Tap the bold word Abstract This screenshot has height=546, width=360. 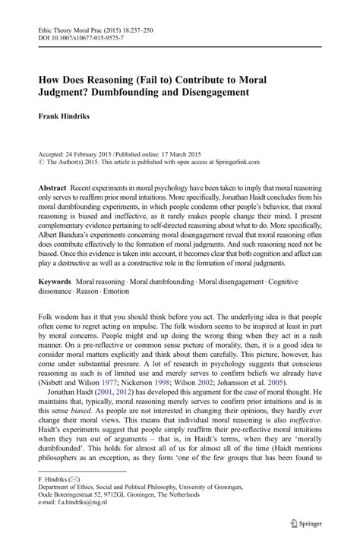point(49,188)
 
